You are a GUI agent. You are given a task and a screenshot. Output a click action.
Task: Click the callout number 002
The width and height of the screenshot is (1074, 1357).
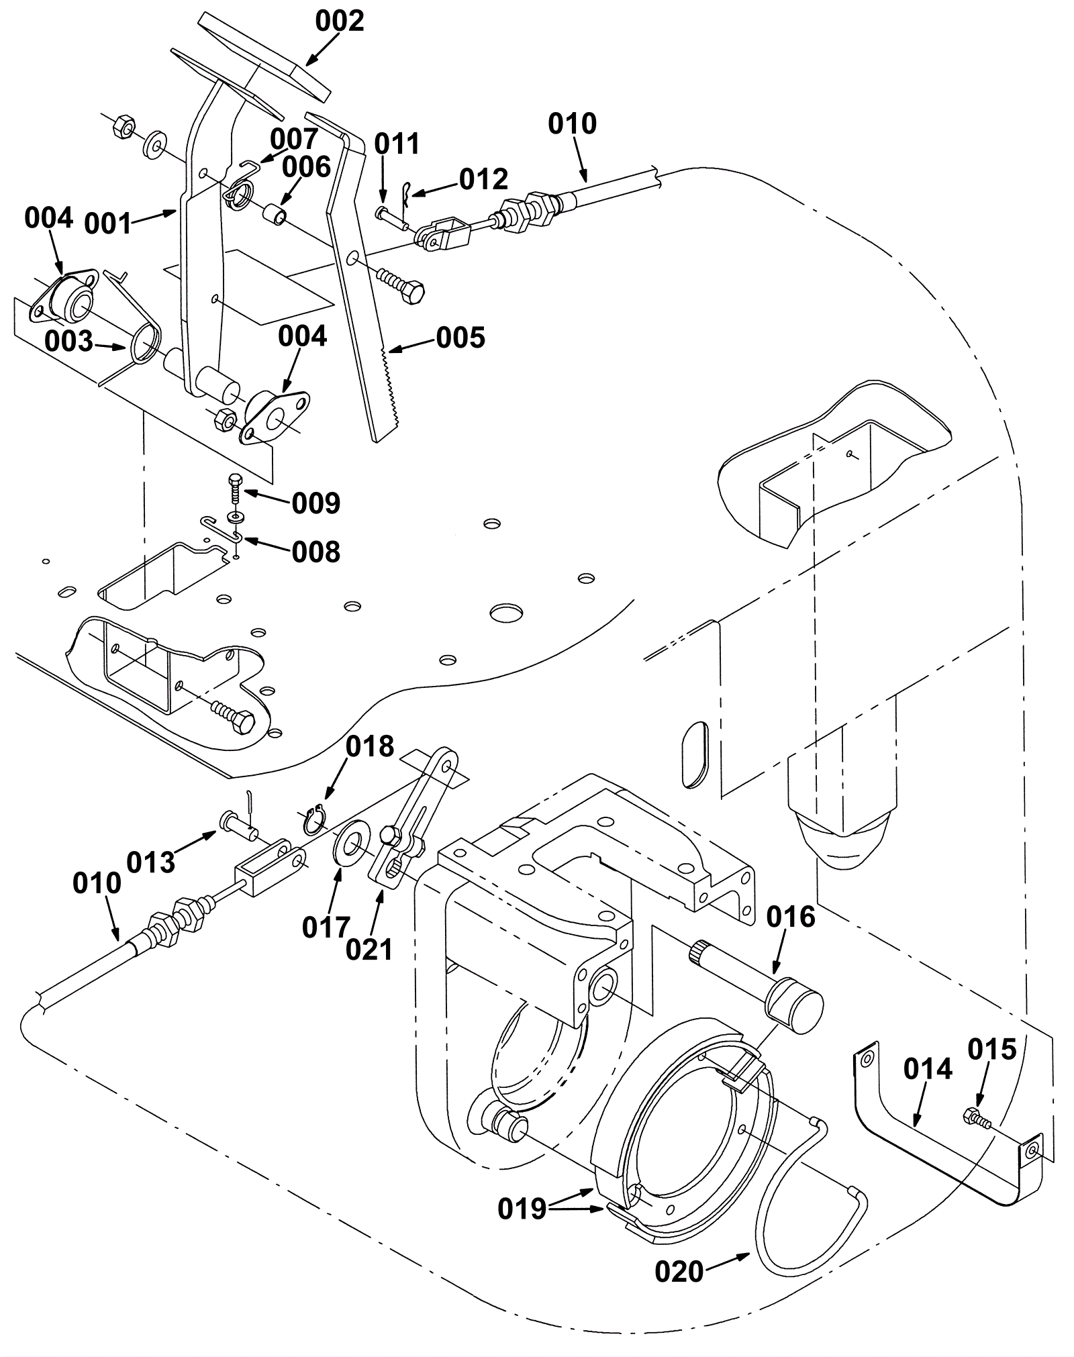pyautogui.click(x=340, y=21)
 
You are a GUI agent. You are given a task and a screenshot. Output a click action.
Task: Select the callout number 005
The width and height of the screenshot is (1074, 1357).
pyautogui.click(x=460, y=338)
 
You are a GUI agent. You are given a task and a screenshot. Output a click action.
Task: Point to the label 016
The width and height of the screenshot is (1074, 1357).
pyautogui.click(x=791, y=917)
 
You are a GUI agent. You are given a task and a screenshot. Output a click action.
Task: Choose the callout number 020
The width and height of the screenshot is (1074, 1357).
pyautogui.click(x=679, y=1271)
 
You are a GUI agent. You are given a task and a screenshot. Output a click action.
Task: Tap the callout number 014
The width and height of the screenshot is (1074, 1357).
pyautogui.click(x=928, y=1069)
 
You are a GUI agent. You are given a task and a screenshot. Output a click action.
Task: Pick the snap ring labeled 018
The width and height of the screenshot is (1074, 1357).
pyautogui.click(x=313, y=822)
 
